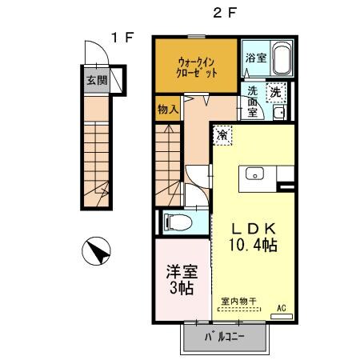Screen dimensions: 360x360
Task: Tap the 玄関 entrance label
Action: pyautogui.click(x=96, y=80)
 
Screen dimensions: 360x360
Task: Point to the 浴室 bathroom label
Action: pyautogui.click(x=256, y=58)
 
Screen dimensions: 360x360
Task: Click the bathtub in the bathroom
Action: pyautogui.click(x=282, y=59)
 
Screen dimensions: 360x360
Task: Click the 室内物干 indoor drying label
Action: pyautogui.click(x=239, y=302)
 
